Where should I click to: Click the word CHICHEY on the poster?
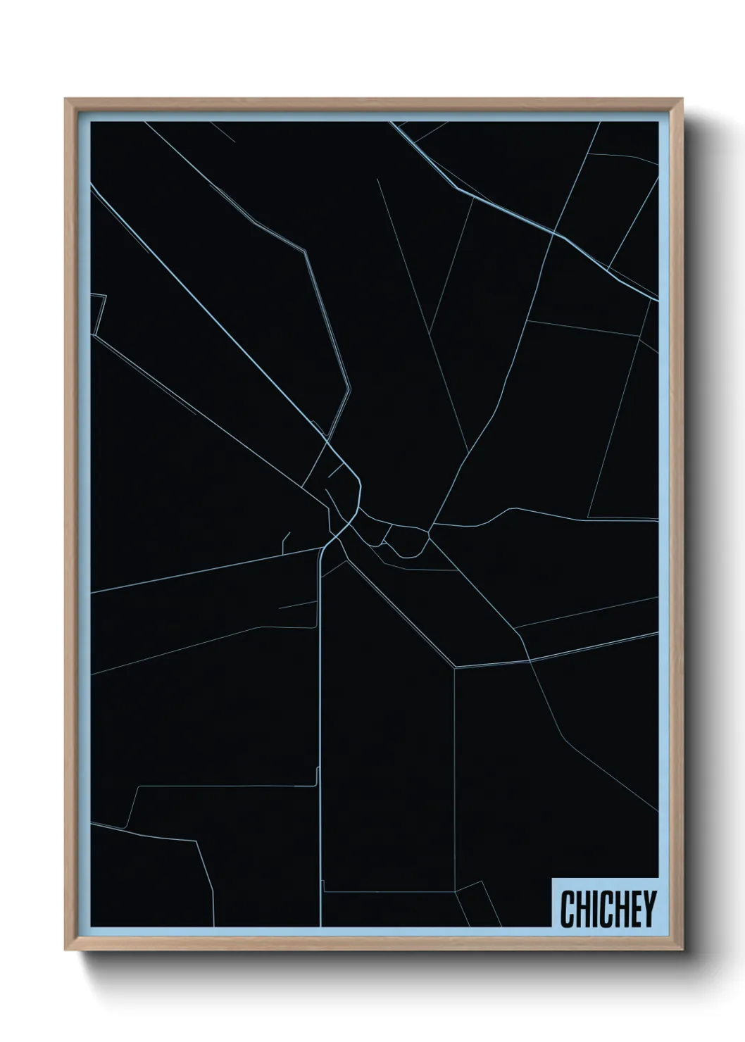(608, 909)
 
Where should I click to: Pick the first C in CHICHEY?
(566, 909)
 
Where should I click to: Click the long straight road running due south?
(320, 704)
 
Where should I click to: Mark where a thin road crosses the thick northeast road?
(555, 232)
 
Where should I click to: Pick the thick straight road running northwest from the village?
(211, 317)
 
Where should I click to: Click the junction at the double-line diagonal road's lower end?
(456, 666)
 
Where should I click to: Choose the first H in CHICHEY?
(579, 909)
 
